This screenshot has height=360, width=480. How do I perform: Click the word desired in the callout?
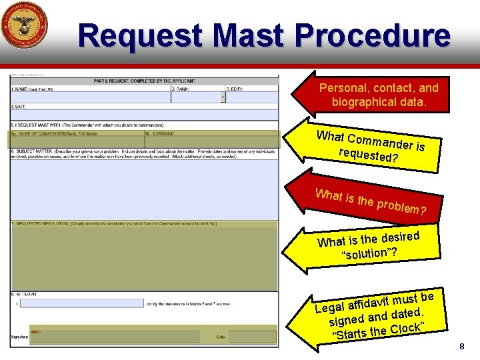pos(399,237)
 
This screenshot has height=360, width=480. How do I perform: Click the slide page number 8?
pos(461,347)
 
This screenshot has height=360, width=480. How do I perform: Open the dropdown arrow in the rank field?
pos(222,97)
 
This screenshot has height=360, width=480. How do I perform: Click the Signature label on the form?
pos(19,337)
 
